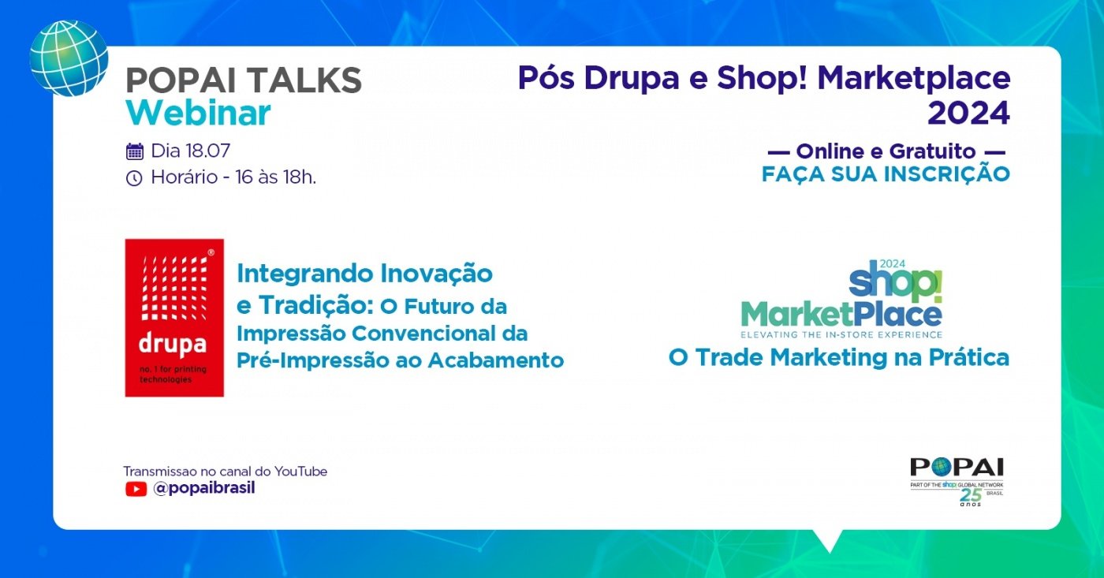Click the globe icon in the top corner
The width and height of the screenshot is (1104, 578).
pos(69,58)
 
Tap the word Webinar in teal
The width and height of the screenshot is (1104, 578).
pos(198,114)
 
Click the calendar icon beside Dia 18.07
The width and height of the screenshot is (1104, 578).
pos(135,151)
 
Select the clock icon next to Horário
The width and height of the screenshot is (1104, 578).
pos(134,178)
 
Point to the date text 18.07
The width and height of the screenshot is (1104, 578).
pos(207,151)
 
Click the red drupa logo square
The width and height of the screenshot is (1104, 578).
pos(174,317)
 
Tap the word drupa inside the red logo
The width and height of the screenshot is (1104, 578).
pos(172,344)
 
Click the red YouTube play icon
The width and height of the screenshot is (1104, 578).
pos(136,489)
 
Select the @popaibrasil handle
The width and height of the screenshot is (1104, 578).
pos(203,488)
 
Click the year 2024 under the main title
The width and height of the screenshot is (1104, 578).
pos(968,114)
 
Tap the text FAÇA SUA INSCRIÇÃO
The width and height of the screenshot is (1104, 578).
pos(886,174)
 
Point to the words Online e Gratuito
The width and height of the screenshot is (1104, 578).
pos(886,151)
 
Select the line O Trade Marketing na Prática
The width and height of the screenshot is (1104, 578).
pos(838,357)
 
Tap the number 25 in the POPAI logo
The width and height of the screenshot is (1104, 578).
pos(970,495)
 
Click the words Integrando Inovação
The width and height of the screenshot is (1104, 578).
pos(364,274)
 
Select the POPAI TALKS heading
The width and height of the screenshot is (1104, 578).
pos(244,80)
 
